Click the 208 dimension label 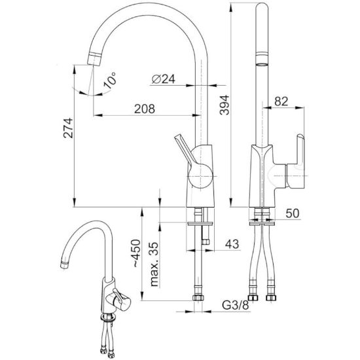point(145,109)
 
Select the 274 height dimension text point(69,128)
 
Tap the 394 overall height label point(225,105)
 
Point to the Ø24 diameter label point(163,79)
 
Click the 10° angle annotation point(110,80)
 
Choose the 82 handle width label point(281,101)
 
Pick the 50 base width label point(293,213)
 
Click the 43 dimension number point(232,244)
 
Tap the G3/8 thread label point(236,306)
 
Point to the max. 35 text point(154,264)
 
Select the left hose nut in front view point(253,298)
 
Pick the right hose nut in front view point(271,298)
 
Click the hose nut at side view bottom point(198,298)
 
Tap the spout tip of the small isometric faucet point(64,264)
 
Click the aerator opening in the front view point(262,64)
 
